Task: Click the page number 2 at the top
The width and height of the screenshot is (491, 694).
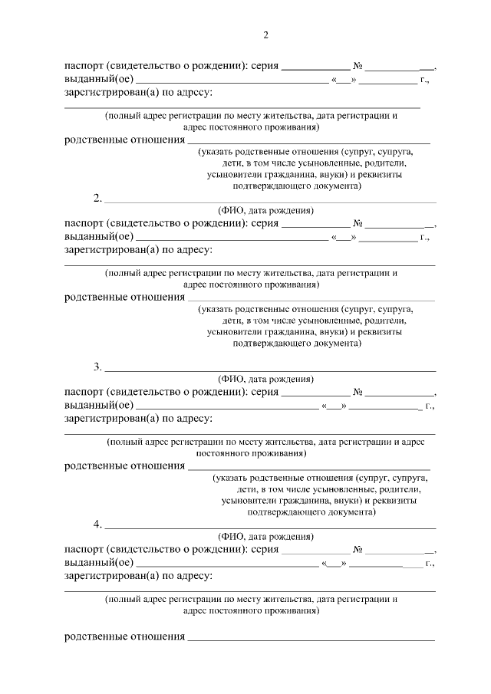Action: pyautogui.click(x=265, y=35)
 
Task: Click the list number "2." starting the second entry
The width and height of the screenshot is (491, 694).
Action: pyautogui.click(x=97, y=198)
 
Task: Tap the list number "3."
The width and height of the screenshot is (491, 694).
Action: pyautogui.click(x=97, y=367)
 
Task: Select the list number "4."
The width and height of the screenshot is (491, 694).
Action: pyautogui.click(x=97, y=525)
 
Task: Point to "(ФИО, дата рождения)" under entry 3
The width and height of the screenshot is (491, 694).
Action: pyautogui.click(x=265, y=379)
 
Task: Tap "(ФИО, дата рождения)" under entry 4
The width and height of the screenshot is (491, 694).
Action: pyautogui.click(x=265, y=537)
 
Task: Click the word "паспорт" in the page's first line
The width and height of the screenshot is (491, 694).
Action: pyautogui.click(x=84, y=66)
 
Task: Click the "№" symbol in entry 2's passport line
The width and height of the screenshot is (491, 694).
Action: pyautogui.click(x=358, y=223)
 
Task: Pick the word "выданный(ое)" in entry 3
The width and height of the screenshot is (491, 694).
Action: pyautogui.click(x=99, y=405)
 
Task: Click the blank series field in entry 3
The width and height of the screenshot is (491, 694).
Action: pyautogui.click(x=315, y=393)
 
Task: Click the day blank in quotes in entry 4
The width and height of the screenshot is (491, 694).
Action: pyautogui.click(x=334, y=564)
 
